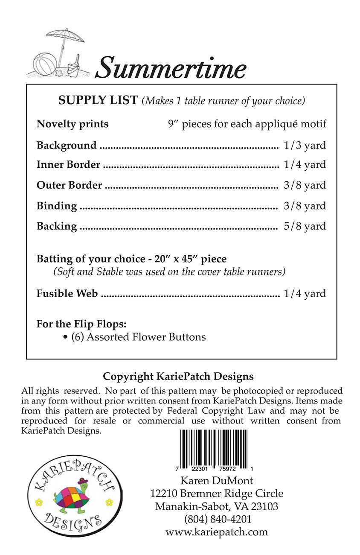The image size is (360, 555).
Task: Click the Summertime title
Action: (171, 67)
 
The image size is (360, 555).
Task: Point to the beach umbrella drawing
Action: (64, 41)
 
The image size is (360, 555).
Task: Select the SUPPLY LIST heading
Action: (98, 100)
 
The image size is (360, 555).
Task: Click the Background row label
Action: (67, 145)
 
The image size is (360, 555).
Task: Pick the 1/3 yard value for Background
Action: (305, 145)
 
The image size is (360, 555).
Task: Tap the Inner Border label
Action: (68, 165)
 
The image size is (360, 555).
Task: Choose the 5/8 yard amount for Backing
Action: (305, 226)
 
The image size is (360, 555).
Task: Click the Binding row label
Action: (57, 206)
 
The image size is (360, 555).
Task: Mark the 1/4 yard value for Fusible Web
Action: (305, 294)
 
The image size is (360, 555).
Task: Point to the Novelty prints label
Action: (73, 124)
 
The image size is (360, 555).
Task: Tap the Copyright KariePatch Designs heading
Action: (178, 377)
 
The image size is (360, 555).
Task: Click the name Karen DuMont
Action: (217, 480)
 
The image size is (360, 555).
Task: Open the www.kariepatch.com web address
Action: (217, 532)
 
